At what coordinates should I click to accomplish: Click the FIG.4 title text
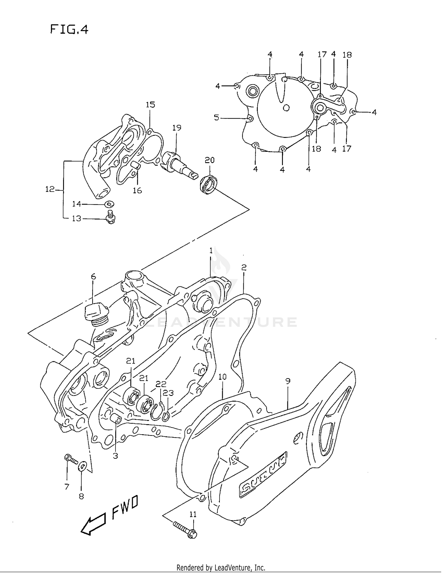coord(69,30)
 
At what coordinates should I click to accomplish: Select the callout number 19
coord(177,128)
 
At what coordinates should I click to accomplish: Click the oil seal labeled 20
coord(209,185)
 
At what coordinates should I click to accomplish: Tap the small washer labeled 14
coord(110,204)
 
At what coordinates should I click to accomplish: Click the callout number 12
coord(50,189)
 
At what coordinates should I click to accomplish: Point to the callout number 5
coord(217,118)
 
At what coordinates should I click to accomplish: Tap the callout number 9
coord(288,381)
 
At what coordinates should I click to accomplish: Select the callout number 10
coord(222,377)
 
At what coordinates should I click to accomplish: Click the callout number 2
coord(244,267)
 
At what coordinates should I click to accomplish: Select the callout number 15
coord(150,105)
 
